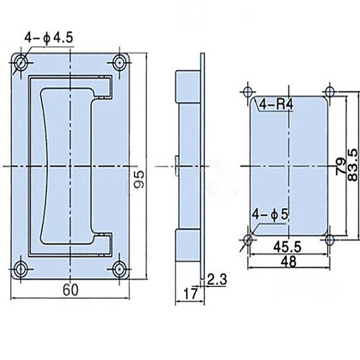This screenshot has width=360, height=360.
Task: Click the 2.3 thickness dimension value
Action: [217, 279]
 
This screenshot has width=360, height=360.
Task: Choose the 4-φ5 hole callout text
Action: [270, 213]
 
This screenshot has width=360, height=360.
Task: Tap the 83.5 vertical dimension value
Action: [353, 165]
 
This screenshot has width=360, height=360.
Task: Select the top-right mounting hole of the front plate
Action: [119, 63]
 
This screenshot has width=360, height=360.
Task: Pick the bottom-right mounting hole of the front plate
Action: [119, 269]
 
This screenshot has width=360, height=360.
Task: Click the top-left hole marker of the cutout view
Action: [247, 91]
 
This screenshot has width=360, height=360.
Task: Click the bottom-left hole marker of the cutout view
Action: [247, 238]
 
